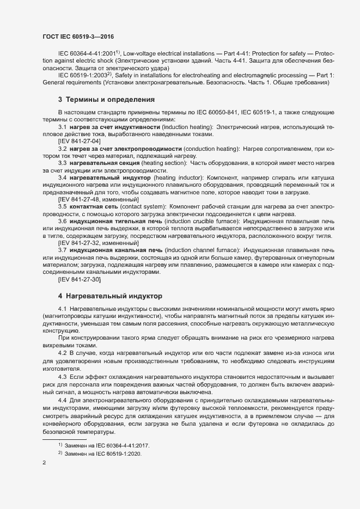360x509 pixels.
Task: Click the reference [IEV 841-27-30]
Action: pyautogui.click(x=79, y=279)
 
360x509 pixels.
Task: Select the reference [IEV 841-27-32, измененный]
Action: pyautogui.click(x=98, y=243)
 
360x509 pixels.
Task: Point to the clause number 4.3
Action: pyautogui.click(x=62, y=377)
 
